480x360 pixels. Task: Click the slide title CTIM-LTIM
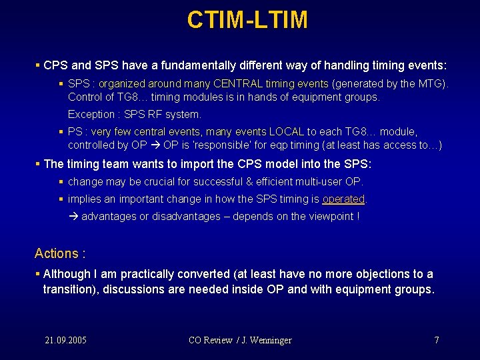point(247,20)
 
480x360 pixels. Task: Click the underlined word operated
point(343,199)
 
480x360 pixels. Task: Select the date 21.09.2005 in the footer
point(65,340)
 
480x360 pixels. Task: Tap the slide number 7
point(436,340)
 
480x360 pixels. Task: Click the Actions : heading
point(60,253)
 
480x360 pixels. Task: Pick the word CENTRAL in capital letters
point(237,84)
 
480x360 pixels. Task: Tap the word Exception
point(91,114)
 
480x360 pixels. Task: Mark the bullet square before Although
point(37,274)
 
